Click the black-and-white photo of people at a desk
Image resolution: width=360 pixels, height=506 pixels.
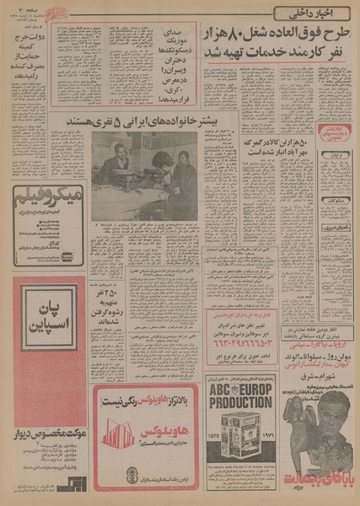[x=144, y=175]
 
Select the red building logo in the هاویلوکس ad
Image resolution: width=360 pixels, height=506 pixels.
[x=119, y=435]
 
